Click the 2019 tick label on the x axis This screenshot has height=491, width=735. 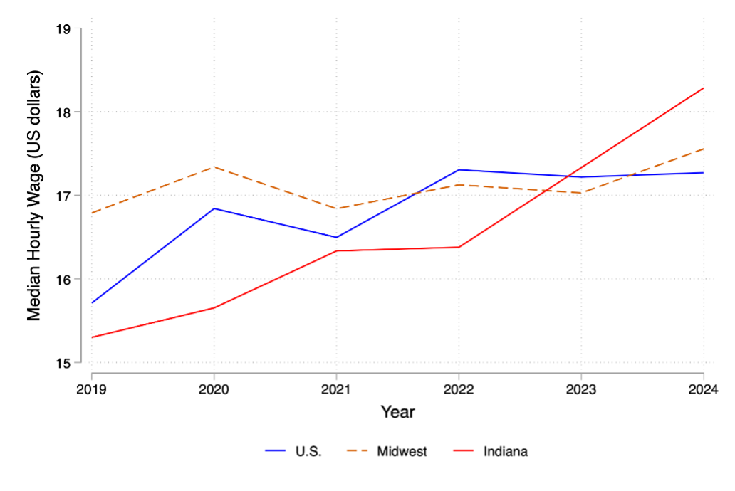pyautogui.click(x=91, y=389)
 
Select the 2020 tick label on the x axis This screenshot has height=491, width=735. pyautogui.click(x=214, y=389)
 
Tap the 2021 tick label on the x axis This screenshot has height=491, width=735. pyautogui.click(x=336, y=389)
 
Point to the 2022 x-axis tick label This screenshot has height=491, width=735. pyautogui.click(x=459, y=389)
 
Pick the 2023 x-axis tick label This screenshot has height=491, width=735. pyautogui.click(x=581, y=389)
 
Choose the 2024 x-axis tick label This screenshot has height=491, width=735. pyautogui.click(x=704, y=389)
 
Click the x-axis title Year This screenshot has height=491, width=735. pyautogui.click(x=397, y=412)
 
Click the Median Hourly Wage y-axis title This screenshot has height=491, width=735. pyautogui.click(x=35, y=196)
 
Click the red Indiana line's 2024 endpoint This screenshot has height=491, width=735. pyautogui.click(x=704, y=88)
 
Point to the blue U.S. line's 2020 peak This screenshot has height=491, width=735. pyautogui.click(x=214, y=208)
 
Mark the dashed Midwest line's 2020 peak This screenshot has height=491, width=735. pyautogui.click(x=214, y=167)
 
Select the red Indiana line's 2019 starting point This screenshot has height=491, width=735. pyautogui.click(x=92, y=337)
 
